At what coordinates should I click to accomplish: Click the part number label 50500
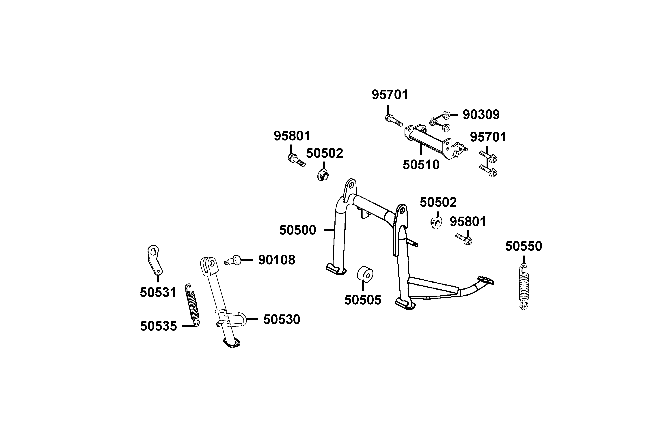[x=298, y=230]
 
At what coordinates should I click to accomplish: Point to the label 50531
[x=158, y=292]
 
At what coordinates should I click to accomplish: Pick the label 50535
[x=159, y=326]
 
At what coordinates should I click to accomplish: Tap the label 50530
[x=282, y=319]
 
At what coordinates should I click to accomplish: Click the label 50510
[x=421, y=165]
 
